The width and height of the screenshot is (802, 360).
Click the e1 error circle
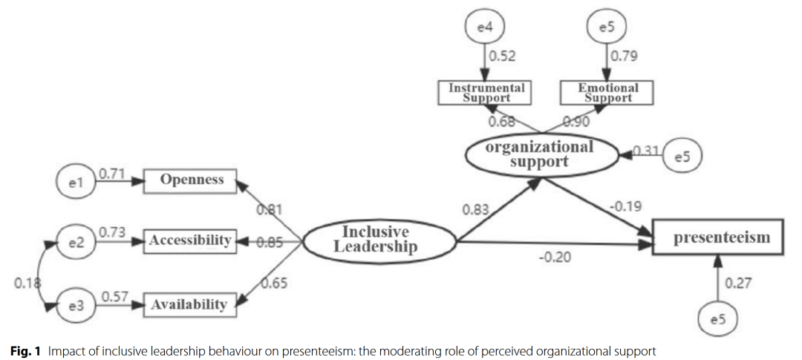click(x=75, y=182)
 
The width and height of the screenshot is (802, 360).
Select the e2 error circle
click(x=75, y=243)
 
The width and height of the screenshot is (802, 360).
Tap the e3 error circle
click(x=75, y=305)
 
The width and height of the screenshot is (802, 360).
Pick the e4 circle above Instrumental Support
click(x=484, y=27)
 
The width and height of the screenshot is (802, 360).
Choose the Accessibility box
click(x=189, y=240)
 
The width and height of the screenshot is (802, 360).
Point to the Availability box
click(x=189, y=304)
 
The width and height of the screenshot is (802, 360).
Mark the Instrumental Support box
click(x=486, y=92)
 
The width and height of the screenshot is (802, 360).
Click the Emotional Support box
click(x=608, y=92)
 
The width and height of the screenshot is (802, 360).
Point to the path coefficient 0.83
click(x=475, y=210)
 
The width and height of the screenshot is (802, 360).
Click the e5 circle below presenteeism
click(x=718, y=320)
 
